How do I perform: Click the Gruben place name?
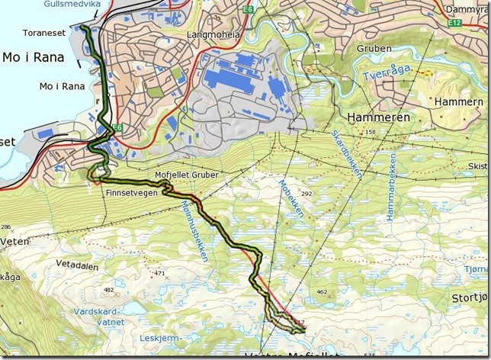pyautogui.click(x=373, y=48)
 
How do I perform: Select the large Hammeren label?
pyautogui.click(x=378, y=117)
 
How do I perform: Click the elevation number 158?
pyautogui.click(x=371, y=133)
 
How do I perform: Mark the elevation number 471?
pyautogui.click(x=160, y=273)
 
